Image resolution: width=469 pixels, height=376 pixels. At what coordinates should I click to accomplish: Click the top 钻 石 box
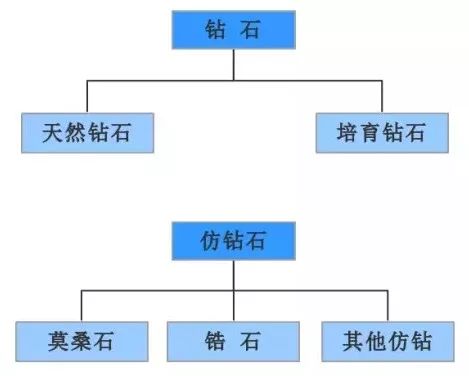coord(234,30)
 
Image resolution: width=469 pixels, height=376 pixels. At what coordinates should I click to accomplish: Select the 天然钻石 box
coord(87,132)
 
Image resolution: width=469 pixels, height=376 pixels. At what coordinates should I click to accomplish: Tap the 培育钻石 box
coord(382,132)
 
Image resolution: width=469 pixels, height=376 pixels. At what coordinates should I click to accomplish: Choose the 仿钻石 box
coord(234,240)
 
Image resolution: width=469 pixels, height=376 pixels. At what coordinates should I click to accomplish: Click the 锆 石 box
coord(233,341)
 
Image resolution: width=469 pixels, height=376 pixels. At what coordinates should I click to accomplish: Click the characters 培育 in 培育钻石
coord(361,132)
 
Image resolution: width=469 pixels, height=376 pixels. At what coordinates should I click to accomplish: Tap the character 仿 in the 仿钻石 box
coord(212,240)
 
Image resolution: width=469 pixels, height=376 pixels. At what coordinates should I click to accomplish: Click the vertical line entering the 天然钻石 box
coord(87,96)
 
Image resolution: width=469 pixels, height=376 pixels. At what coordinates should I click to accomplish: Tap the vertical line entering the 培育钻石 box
coord(382,96)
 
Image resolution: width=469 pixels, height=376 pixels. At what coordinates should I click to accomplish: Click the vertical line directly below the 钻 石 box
coord(234,63)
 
